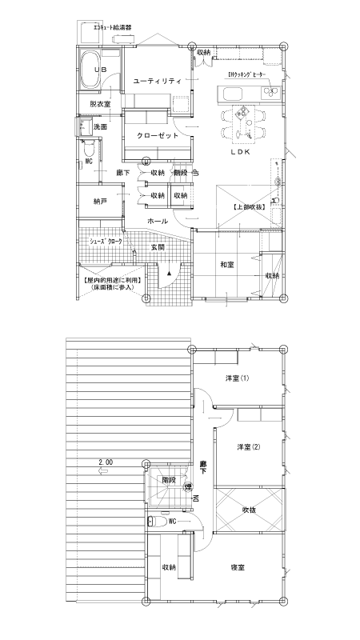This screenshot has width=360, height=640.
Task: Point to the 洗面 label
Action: point(100,127)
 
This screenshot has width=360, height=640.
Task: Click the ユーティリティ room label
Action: point(158,81)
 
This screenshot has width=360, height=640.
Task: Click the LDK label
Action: point(242,151)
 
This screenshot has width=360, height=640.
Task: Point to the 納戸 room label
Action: point(99,201)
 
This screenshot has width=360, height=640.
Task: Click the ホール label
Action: point(158,220)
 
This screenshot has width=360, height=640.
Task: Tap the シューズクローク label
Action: point(102,240)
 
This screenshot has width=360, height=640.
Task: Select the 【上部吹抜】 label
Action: point(249,207)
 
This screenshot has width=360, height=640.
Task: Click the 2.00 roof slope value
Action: point(106,462)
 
